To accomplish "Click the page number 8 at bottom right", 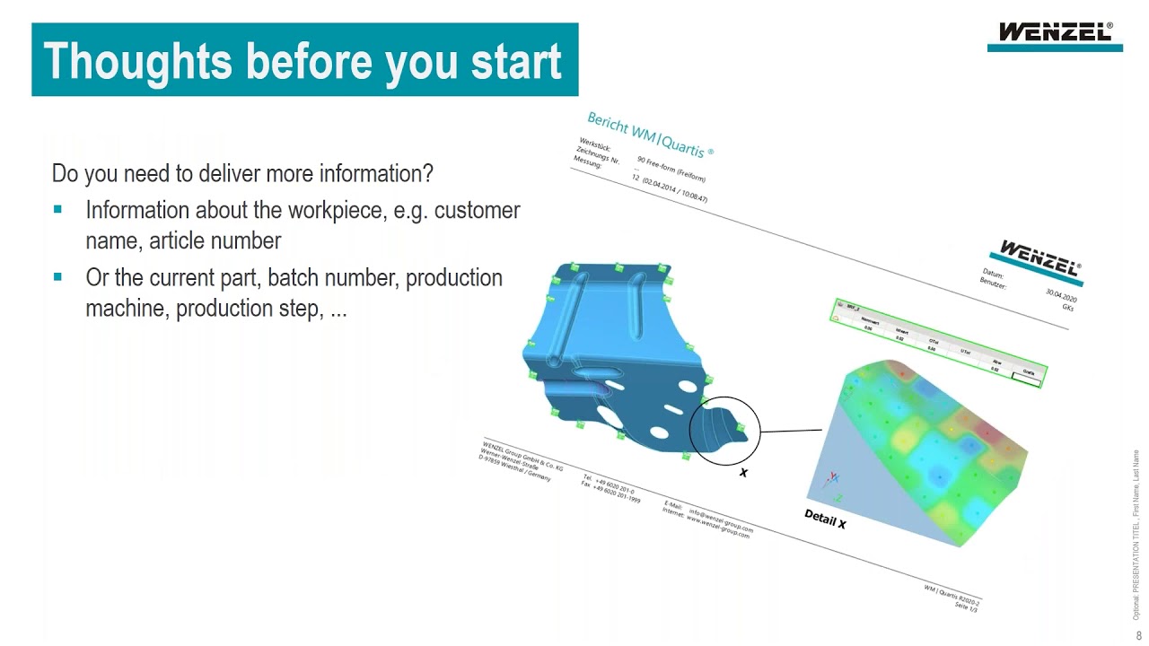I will (x=1139, y=635).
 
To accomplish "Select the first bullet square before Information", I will (x=58, y=210).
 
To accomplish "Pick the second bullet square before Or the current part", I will (x=58, y=278).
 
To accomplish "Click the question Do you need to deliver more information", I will (x=242, y=172).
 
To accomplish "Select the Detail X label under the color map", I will (x=825, y=519).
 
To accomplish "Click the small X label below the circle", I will (x=743, y=473).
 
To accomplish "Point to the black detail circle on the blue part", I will (x=724, y=431).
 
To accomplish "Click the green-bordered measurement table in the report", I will (x=938, y=344).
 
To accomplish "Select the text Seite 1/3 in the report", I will (x=965, y=607).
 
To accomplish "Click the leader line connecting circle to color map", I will (x=791, y=431).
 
